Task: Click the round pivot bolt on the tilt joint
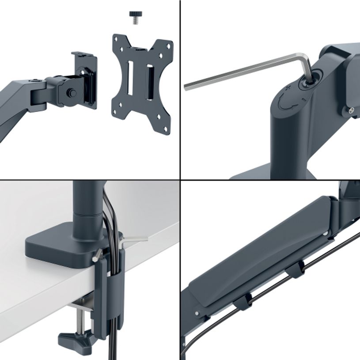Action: pyautogui.click(x=72, y=93)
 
